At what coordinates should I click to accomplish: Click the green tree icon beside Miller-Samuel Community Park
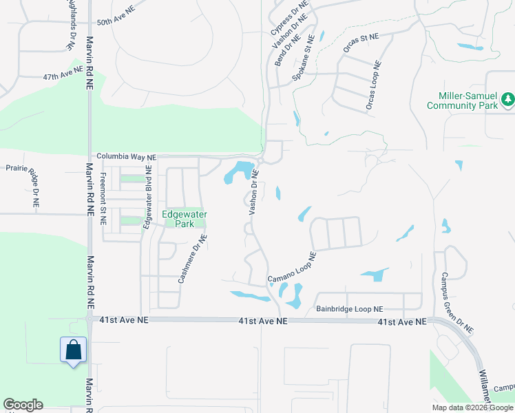tap(508, 100)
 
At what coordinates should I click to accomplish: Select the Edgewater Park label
tap(185, 219)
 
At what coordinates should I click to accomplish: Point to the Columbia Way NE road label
tap(126, 156)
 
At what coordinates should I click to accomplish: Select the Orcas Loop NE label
tap(373, 86)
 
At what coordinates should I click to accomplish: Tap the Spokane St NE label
tap(308, 57)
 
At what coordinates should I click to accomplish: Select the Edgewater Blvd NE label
tap(147, 197)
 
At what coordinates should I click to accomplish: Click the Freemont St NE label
tap(103, 198)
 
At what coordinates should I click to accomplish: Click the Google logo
tap(23, 405)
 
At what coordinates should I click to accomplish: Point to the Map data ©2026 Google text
tap(472, 407)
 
